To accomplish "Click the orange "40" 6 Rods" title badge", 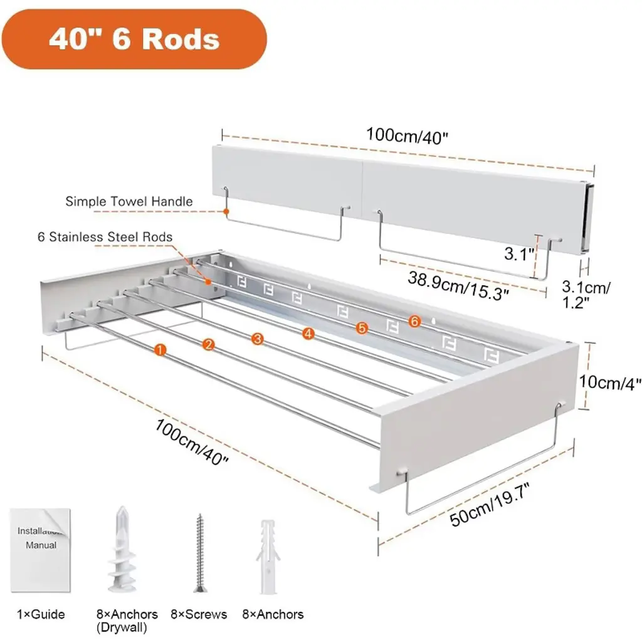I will (135, 39).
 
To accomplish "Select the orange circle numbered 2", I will (209, 344).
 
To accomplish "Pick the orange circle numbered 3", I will (257, 339).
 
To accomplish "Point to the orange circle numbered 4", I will (308, 334).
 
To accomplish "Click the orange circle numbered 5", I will (360, 327).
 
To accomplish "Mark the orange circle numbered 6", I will (413, 321).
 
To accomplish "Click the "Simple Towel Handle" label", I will (129, 201).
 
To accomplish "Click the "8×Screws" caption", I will (199, 615).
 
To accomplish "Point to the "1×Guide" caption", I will (41, 615).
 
